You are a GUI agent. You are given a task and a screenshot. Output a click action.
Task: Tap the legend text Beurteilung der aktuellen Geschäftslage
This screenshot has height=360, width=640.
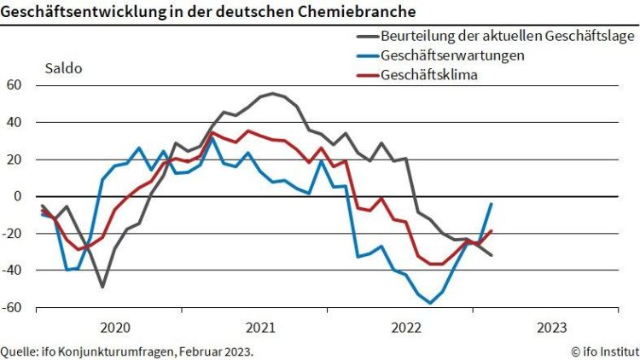point(507,37)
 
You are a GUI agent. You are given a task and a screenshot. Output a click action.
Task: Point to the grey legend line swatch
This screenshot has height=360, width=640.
point(366,37)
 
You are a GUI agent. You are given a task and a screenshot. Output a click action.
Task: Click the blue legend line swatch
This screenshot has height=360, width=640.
point(366,55)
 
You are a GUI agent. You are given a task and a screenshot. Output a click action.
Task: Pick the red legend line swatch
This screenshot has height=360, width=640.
point(366,75)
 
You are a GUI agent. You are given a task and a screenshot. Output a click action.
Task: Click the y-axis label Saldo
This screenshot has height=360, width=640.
point(63,68)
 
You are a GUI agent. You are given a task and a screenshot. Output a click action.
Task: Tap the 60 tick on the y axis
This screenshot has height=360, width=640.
point(14,85)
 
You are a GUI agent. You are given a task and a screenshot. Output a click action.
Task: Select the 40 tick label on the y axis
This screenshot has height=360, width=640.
point(14,122)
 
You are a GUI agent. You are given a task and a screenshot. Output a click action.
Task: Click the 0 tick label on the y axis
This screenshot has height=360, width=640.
point(18,196)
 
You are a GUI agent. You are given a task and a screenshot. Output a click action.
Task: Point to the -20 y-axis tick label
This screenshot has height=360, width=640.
point(11,233)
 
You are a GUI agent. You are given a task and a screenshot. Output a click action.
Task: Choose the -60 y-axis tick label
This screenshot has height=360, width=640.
point(11,307)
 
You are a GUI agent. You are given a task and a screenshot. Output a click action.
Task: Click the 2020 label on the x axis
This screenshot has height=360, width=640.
point(114,327)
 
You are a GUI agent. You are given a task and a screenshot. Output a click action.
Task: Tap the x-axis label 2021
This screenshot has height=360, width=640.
point(260,327)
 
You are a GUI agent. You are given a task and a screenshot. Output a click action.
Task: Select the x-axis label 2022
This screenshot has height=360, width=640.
point(405,327)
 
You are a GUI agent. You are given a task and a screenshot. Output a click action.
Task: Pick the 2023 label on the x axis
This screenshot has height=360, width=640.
point(551,327)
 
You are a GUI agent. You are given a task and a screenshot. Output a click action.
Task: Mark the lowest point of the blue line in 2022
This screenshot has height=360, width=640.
point(431,303)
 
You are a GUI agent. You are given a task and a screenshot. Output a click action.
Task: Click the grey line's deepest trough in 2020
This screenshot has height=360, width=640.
point(102,287)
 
